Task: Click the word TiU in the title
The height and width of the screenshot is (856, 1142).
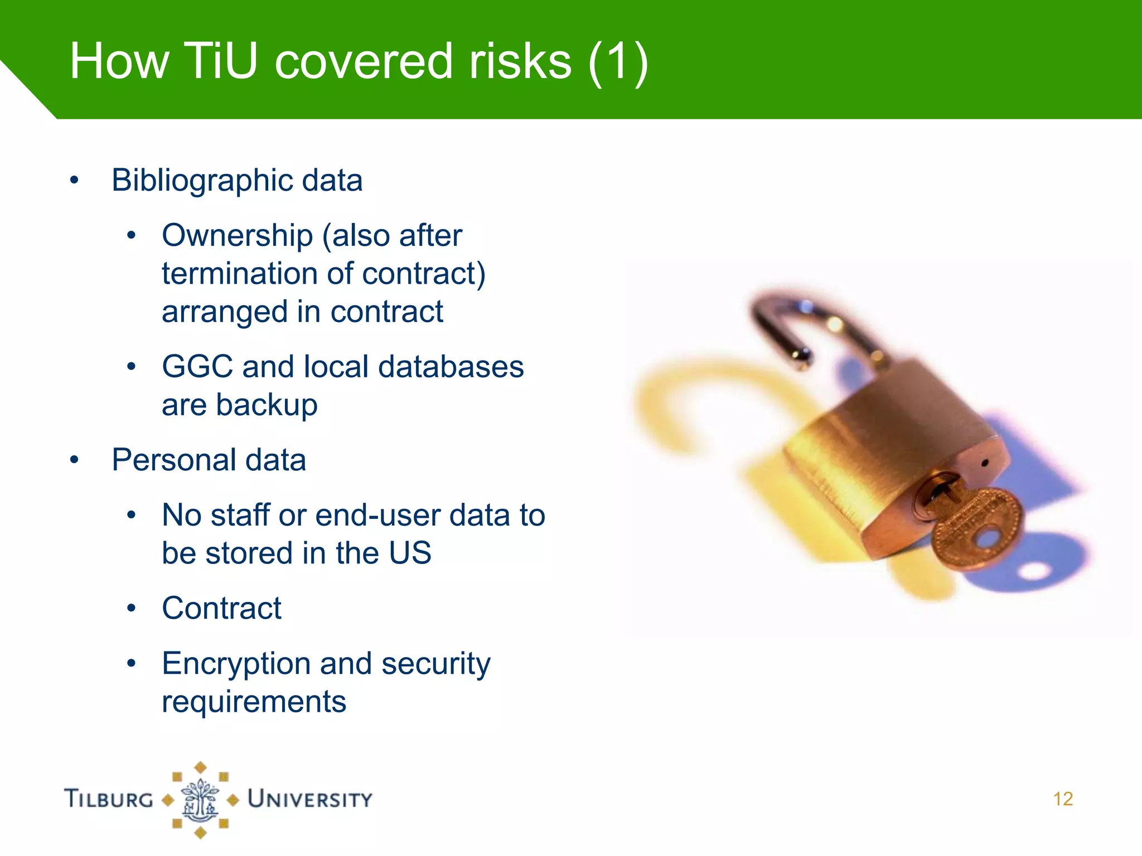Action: point(220,61)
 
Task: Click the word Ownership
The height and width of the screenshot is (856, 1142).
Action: point(237,235)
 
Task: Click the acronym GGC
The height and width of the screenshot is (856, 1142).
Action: point(197,367)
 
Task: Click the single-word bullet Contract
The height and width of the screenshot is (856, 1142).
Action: point(221,608)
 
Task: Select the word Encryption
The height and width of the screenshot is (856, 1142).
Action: point(236,664)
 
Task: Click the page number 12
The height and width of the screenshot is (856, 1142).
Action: point(1063,799)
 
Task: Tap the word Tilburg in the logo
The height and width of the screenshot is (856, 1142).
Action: point(109,799)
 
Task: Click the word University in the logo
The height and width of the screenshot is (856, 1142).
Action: point(310,799)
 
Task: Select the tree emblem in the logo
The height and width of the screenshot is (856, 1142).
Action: point(200,800)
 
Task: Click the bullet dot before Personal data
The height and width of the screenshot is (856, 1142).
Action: point(74,460)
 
